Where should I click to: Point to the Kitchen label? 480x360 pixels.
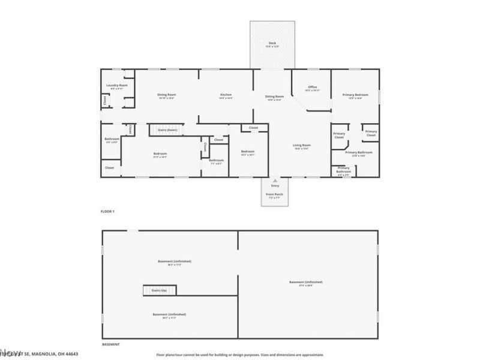coord(226,95)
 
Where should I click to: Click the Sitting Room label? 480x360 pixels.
coord(274,97)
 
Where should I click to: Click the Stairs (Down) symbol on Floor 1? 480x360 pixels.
coord(167,130)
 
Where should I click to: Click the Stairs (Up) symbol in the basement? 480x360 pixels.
coord(159,290)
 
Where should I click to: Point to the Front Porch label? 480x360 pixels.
coord(275,194)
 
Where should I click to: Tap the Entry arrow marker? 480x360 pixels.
coord(275,180)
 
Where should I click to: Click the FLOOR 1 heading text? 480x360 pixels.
coord(107,212)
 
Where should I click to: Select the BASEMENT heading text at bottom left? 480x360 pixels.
coord(110,344)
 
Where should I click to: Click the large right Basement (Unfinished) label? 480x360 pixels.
coord(305,283)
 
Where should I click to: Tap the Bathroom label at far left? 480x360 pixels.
coord(112,140)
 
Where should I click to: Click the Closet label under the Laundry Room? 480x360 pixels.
coord(105,100)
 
